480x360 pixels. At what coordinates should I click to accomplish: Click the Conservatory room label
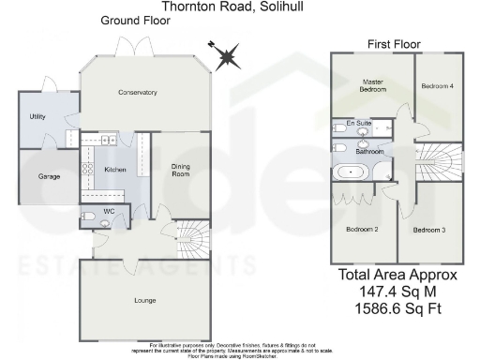coord(137,92)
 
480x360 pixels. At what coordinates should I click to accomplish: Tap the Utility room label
coord(37,117)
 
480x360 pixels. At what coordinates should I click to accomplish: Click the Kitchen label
coord(115,170)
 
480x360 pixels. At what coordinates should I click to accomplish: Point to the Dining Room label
coord(180,171)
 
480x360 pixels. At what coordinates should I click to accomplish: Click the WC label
coord(109,212)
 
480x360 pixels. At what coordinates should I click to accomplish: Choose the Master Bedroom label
coord(374,86)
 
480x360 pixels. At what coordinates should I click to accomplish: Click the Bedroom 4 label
coord(437,86)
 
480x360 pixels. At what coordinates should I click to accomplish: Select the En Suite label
coord(357,123)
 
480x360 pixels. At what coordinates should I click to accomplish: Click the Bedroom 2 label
coord(361,230)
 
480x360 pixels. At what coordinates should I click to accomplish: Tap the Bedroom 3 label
coord(429,230)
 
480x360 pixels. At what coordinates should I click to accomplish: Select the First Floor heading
coord(394,44)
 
